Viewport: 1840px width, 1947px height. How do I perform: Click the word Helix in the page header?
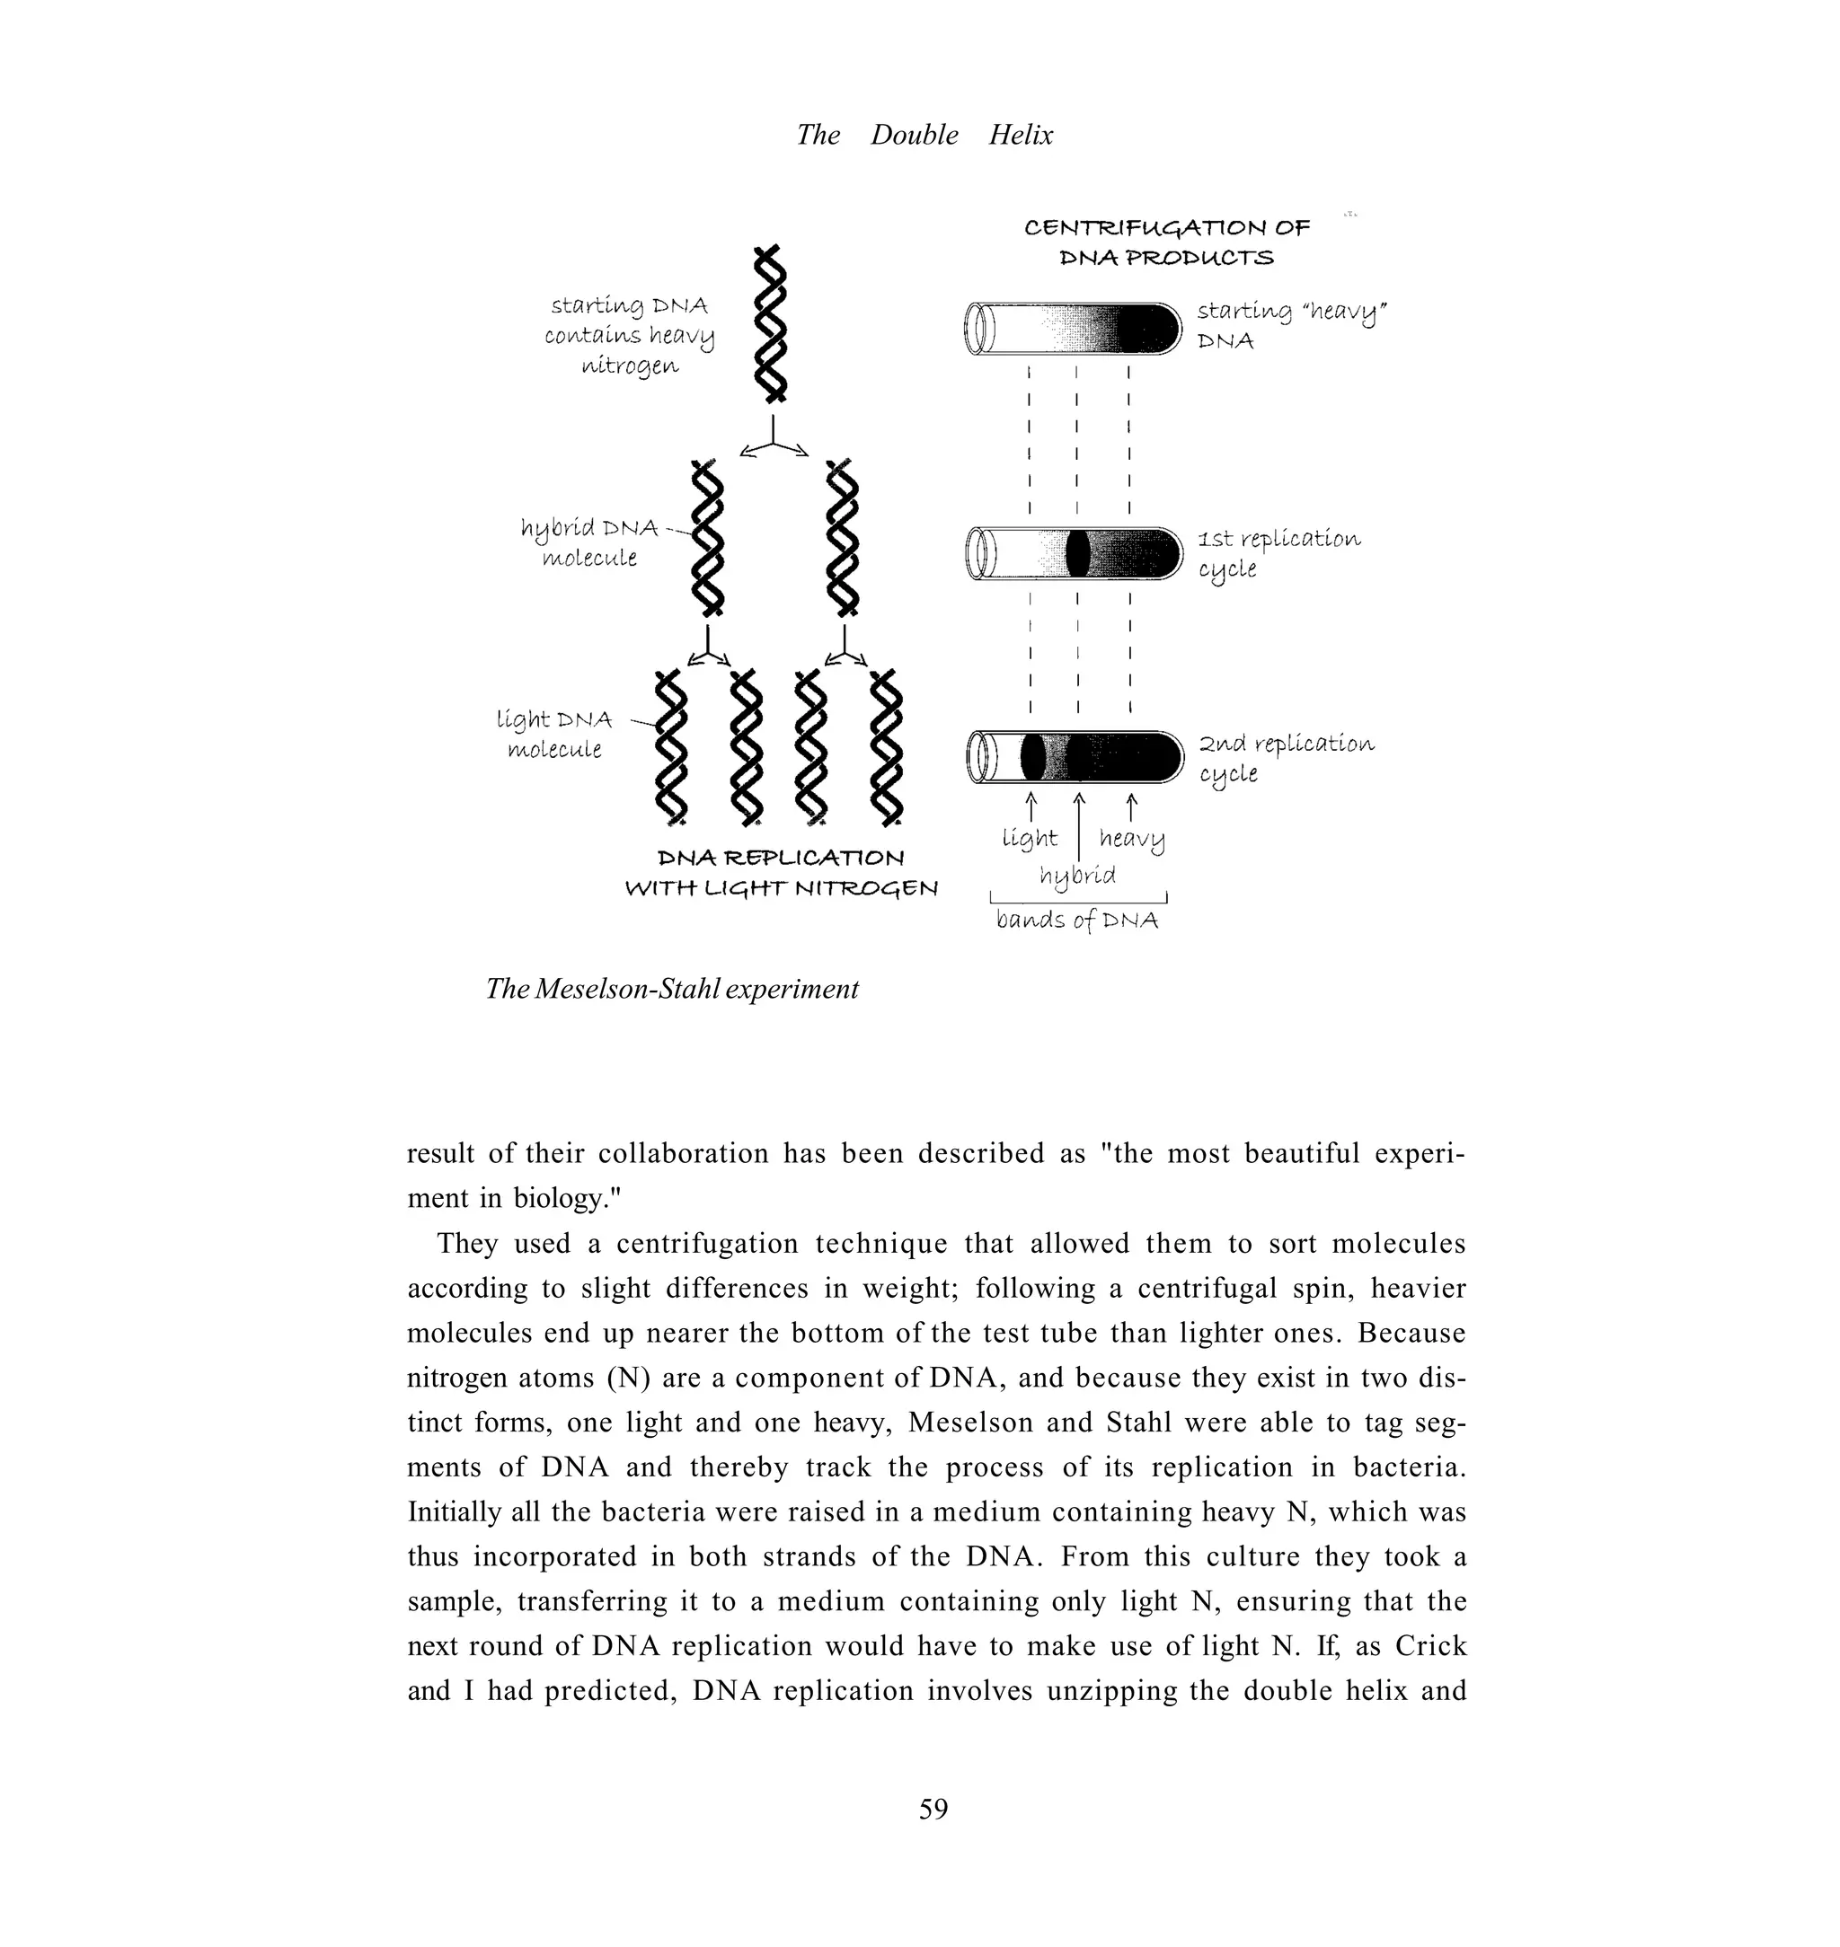(x=1020, y=135)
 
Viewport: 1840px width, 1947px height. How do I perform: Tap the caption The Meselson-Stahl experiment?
(x=672, y=988)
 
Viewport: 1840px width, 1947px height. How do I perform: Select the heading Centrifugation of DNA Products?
(x=1166, y=242)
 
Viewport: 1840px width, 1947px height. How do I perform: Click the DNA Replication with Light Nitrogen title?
(x=781, y=873)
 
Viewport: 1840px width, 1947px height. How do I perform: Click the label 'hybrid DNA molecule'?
(x=588, y=542)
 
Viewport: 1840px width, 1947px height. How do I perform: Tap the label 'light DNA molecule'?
(x=554, y=735)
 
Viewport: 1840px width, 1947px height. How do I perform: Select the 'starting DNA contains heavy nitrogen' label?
(x=629, y=335)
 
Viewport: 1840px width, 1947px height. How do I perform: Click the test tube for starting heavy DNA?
(x=1074, y=329)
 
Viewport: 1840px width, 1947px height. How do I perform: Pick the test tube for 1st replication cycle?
(x=1074, y=553)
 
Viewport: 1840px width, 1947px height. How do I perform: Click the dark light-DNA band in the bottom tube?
(x=1031, y=757)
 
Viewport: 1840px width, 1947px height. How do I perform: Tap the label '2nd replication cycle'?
(x=1286, y=758)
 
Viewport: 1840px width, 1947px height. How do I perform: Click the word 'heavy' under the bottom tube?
(x=1131, y=839)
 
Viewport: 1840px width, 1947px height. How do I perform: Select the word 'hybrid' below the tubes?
(x=1077, y=875)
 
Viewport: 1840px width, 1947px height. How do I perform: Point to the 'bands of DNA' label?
(x=1077, y=920)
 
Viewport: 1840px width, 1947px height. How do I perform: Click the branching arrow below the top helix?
(x=774, y=438)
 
